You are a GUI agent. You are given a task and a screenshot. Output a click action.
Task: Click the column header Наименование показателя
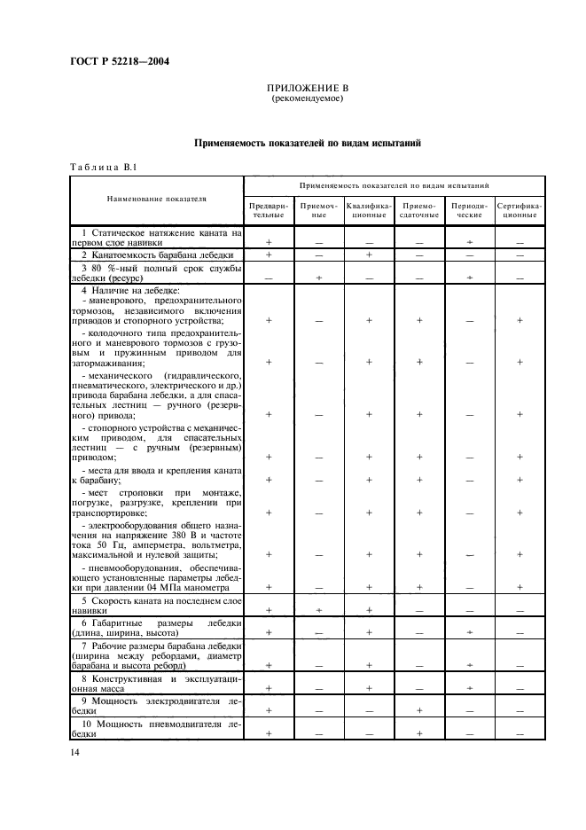pyautogui.click(x=157, y=200)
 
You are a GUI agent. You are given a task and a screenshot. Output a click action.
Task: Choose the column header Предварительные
pyautogui.click(x=268, y=209)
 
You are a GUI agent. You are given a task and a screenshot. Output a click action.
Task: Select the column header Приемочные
pyautogui.click(x=318, y=209)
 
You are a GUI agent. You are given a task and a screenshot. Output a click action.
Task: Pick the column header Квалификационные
pyautogui.click(x=369, y=209)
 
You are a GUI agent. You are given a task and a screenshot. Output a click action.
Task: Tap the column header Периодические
pyautogui.click(x=469, y=209)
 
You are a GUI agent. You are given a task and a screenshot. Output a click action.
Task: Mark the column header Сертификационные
pyautogui.click(x=520, y=209)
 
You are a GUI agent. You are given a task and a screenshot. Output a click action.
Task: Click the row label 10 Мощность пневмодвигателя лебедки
pyautogui.click(x=157, y=729)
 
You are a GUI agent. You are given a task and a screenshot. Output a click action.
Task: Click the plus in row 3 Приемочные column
pyautogui.click(x=318, y=278)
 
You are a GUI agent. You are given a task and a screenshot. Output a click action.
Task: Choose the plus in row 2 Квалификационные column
pyautogui.click(x=369, y=255)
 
